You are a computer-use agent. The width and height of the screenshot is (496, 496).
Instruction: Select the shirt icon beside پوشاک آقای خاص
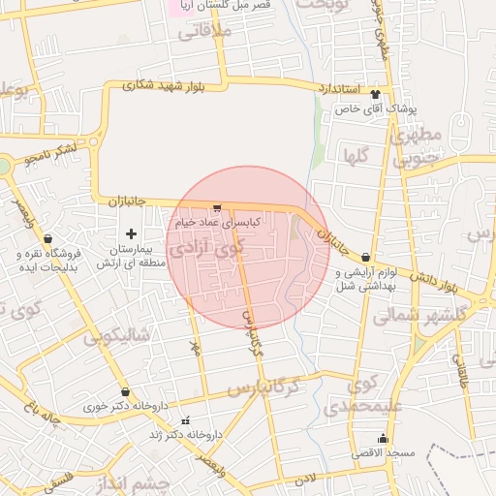click(x=375, y=95)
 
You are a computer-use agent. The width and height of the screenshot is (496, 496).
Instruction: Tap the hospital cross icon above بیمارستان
click(x=131, y=233)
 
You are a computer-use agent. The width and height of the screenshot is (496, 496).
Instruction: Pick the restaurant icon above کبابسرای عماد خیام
click(x=217, y=208)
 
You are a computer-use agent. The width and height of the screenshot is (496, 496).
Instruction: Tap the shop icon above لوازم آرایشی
click(x=365, y=258)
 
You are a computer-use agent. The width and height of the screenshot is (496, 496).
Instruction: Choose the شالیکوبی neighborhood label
click(x=116, y=335)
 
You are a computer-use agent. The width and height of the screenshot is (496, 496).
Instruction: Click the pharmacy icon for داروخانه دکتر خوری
click(x=125, y=392)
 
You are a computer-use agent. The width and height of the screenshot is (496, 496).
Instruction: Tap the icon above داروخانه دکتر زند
click(x=186, y=420)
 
